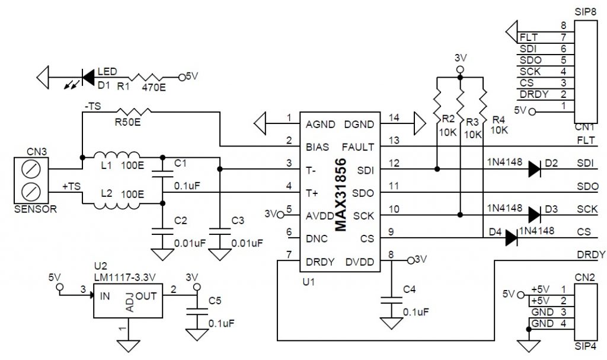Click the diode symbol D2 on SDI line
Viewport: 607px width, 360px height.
click(534, 170)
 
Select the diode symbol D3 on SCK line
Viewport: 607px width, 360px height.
click(534, 215)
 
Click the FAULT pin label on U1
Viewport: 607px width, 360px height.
click(358, 146)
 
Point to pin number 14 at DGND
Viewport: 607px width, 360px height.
click(393, 118)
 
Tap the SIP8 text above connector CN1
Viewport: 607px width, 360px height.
click(584, 12)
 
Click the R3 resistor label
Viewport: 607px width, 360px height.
click(472, 122)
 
